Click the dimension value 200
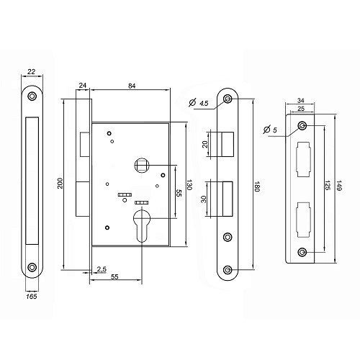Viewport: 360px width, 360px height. tap(60, 183)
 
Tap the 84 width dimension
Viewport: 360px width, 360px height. tap(132, 86)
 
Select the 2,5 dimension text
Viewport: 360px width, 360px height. tap(102, 269)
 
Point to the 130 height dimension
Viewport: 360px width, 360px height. tap(189, 184)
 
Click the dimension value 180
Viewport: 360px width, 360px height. tap(257, 186)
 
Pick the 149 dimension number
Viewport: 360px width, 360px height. tap(339, 186)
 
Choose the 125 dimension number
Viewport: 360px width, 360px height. tap(327, 184)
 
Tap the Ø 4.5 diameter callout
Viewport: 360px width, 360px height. tap(199, 103)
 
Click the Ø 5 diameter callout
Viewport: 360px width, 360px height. tap(270, 130)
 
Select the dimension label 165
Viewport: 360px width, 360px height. tap(32, 297)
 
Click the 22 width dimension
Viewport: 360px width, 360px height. tap(32, 71)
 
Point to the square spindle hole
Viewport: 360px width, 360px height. tap(142, 165)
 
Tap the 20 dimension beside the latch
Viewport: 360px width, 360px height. tap(204, 144)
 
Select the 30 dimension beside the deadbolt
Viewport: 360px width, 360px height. tap(204, 199)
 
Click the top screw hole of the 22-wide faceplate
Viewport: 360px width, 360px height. tap(32, 96)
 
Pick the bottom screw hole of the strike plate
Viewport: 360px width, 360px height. tap(302, 252)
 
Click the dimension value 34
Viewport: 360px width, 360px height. tap(301, 100)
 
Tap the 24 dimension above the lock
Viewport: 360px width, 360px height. tap(83, 86)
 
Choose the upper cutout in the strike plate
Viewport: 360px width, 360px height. tap(304, 159)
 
